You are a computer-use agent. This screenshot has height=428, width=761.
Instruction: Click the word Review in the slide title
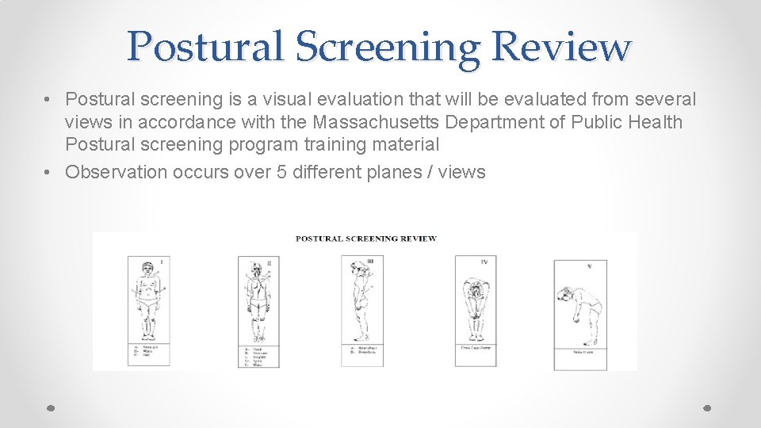pyautogui.click(x=561, y=47)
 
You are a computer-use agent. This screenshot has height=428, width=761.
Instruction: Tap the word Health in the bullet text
pyautogui.click(x=652, y=122)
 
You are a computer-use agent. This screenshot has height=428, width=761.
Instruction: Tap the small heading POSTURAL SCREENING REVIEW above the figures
pyautogui.click(x=365, y=239)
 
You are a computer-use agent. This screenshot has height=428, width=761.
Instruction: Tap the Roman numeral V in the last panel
pyautogui.click(x=589, y=267)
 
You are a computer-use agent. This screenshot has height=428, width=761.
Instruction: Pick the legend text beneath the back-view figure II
pyautogui.click(x=257, y=355)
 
